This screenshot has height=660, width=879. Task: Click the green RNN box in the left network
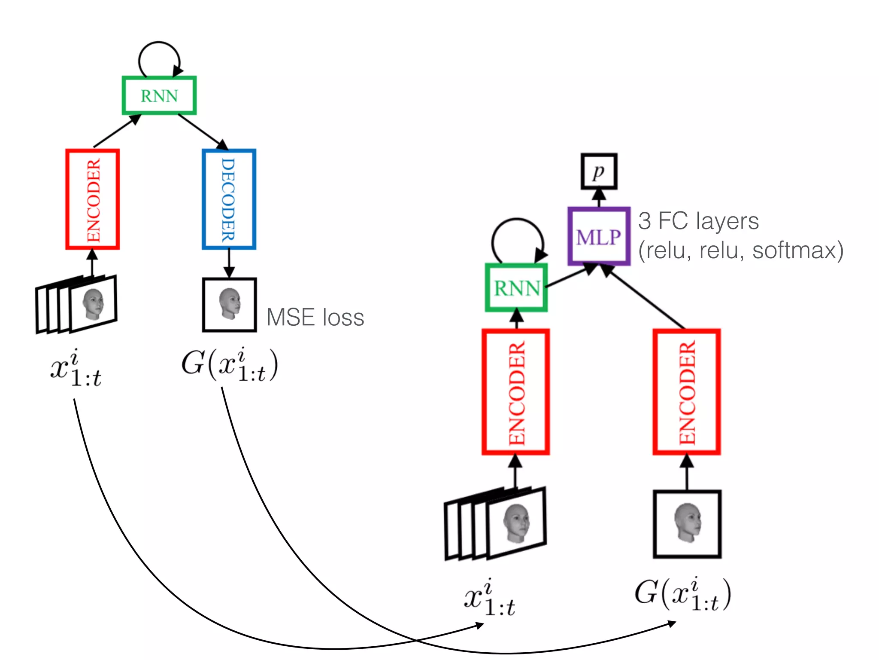pyautogui.click(x=159, y=95)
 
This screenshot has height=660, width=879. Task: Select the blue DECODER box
pyautogui.click(x=229, y=199)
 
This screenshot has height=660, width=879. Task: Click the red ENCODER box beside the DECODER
pyautogui.click(x=92, y=199)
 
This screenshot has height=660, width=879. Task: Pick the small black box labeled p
pyautogui.click(x=599, y=171)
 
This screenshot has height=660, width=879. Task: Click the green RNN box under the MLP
pyautogui.click(x=516, y=287)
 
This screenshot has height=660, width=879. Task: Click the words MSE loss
pyautogui.click(x=315, y=318)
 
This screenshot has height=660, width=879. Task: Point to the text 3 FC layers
pyautogui.click(x=698, y=221)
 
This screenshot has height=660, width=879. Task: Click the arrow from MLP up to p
pyautogui.click(x=599, y=198)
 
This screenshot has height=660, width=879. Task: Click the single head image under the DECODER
pyautogui.click(x=229, y=305)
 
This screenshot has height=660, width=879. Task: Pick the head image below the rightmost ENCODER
pyautogui.click(x=687, y=524)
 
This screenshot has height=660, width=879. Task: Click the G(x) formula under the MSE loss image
pyautogui.click(x=230, y=365)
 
